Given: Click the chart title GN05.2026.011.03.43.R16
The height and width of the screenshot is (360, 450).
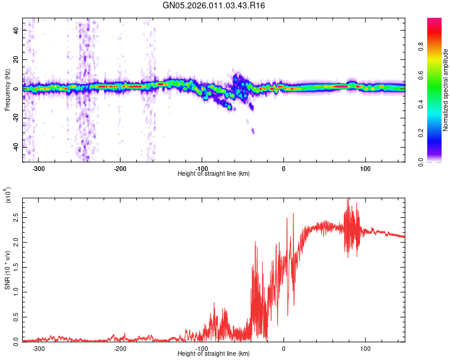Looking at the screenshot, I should pos(214,5).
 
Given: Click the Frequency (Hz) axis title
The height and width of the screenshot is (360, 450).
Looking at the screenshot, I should pos(7,90).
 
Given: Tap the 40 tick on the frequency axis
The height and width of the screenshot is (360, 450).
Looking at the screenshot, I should pos(17,30).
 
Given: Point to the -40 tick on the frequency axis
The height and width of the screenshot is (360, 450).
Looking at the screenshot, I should pos(15,148).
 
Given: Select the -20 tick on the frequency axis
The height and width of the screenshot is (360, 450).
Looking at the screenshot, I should pos(15,118).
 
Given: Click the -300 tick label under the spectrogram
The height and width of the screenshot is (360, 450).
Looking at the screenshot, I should pos(39,169).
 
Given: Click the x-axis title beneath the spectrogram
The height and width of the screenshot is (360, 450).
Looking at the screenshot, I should pos(214,174).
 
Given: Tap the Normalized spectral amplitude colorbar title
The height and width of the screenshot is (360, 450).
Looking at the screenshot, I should pos(446,90).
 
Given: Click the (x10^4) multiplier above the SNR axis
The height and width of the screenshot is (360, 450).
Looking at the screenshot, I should pos(7,196).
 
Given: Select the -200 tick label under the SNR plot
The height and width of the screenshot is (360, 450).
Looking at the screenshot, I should pos(121,349).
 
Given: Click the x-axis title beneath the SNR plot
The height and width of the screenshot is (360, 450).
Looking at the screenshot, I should pos(214,354).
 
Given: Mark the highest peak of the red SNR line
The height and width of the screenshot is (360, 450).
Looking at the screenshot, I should pos(348,199).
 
